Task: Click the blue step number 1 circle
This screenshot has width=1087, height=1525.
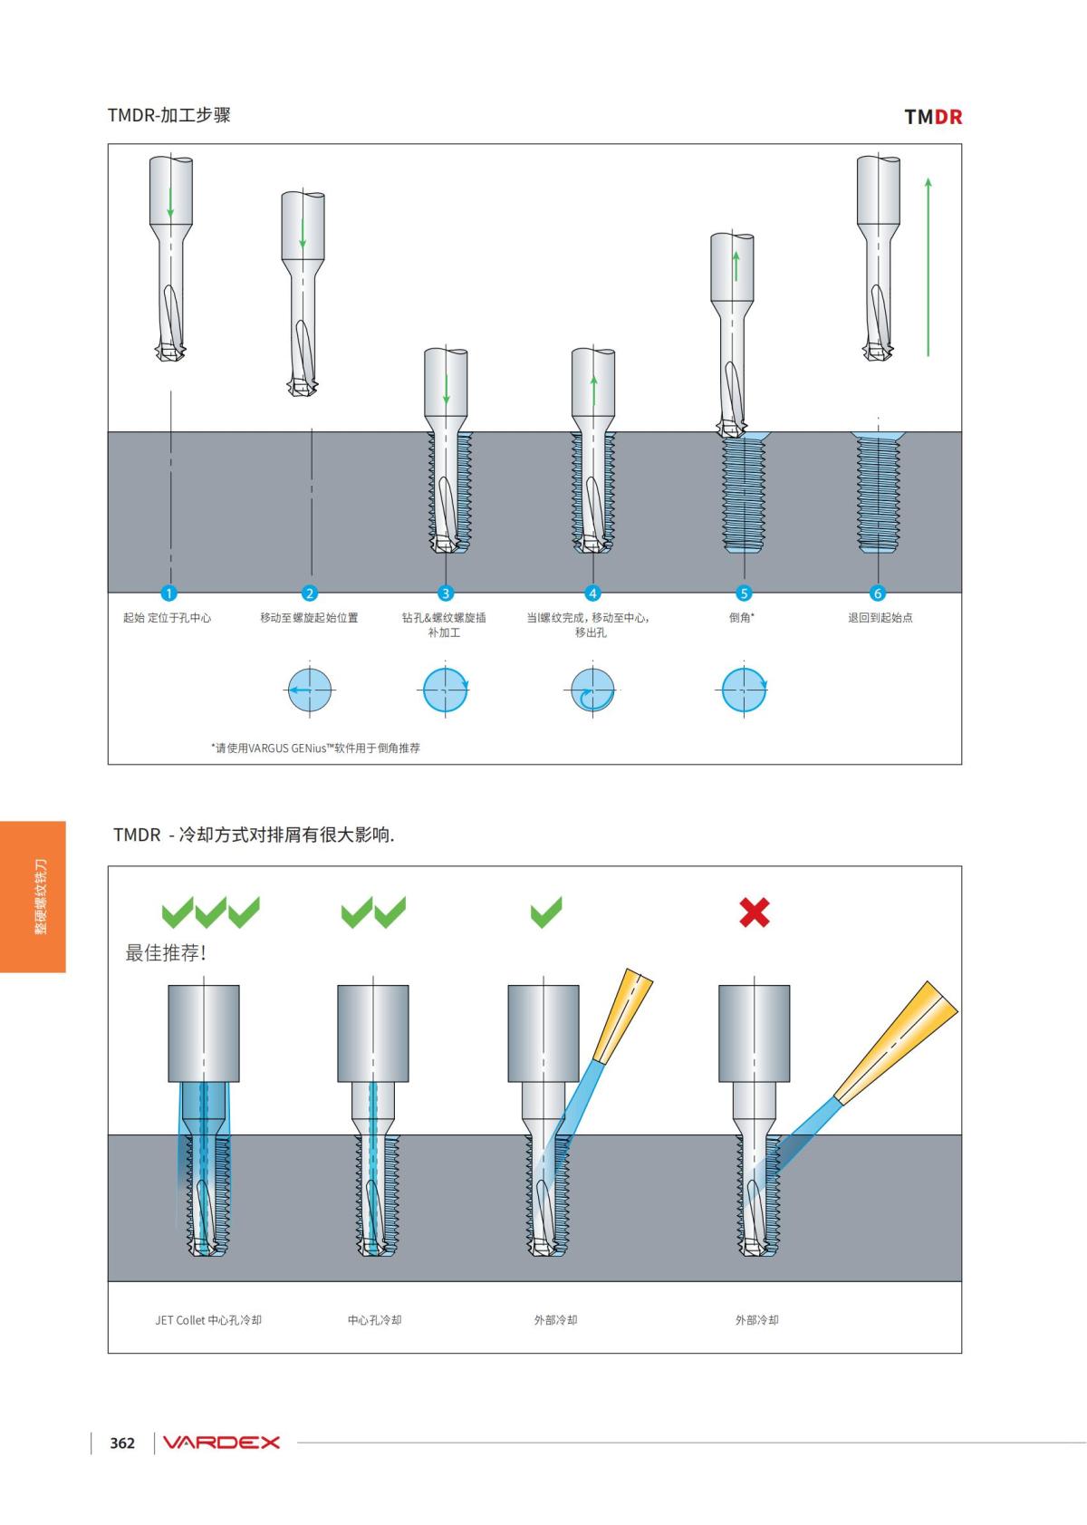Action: click(x=168, y=594)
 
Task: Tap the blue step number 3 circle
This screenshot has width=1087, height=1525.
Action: click(x=445, y=594)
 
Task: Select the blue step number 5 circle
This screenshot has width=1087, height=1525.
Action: click(x=744, y=594)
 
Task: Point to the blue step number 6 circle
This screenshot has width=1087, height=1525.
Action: click(x=877, y=594)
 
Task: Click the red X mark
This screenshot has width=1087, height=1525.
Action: click(x=755, y=912)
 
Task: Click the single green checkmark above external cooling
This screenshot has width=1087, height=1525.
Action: click(x=546, y=912)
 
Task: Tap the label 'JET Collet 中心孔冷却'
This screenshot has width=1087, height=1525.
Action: click(x=208, y=1320)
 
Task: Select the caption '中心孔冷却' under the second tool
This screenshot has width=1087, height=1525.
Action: click(x=374, y=1320)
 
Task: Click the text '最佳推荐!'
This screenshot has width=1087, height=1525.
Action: click(x=166, y=953)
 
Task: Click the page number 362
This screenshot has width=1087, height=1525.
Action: click(x=122, y=1443)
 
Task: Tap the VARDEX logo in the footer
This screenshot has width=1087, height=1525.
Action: click(x=221, y=1443)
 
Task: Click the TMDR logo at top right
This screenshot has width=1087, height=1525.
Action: click(x=933, y=117)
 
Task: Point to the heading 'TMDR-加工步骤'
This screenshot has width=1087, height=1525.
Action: click(x=168, y=115)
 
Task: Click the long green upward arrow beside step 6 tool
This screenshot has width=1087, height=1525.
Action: click(x=928, y=266)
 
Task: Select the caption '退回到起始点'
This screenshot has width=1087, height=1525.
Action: click(x=880, y=618)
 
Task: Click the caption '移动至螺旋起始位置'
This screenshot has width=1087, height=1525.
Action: click(x=309, y=618)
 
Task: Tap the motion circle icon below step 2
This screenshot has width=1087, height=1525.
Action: click(x=310, y=690)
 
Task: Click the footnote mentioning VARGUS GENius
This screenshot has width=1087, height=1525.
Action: click(x=315, y=748)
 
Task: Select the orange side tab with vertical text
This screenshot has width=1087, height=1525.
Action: click(x=33, y=896)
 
